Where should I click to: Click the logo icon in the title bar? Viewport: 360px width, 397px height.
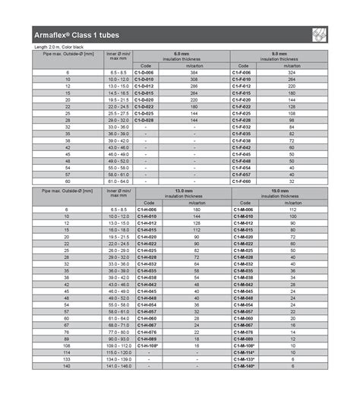(x=319, y=35)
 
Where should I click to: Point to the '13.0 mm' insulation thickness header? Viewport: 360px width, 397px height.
(x=183, y=191)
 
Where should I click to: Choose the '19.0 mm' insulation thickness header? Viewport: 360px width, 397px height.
(x=279, y=191)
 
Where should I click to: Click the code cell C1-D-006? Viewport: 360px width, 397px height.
(x=144, y=72)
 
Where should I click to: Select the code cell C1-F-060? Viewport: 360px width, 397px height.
(x=242, y=181)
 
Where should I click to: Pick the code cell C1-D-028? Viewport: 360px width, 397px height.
(x=144, y=120)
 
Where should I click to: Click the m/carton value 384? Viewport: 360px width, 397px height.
(x=194, y=72)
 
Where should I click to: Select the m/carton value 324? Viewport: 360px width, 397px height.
(x=292, y=72)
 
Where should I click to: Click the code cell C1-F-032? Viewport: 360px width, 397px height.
(x=242, y=127)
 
